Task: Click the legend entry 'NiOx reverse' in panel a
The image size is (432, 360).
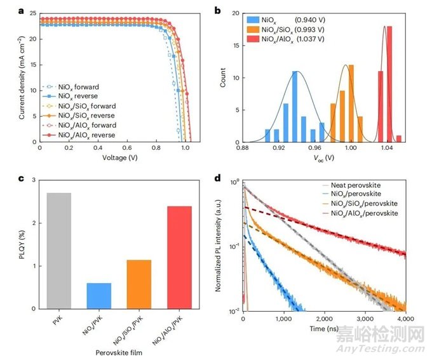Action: (x=74, y=95)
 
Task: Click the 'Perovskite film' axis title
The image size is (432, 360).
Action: (x=118, y=350)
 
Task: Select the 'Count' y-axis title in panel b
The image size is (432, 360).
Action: (x=223, y=78)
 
